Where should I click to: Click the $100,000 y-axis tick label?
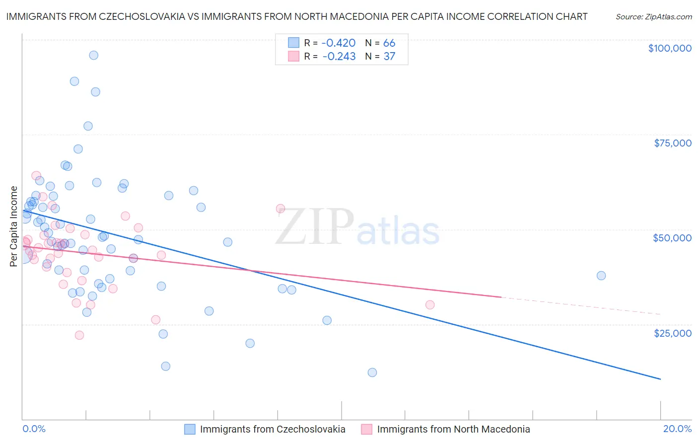point(670,48)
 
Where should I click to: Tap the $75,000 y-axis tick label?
point(673,143)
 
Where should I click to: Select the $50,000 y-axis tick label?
point(672,238)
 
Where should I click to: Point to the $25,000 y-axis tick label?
point(673,333)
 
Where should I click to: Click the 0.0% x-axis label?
point(34,429)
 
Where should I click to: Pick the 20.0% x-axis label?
point(677,429)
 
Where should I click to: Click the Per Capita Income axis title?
point(14,226)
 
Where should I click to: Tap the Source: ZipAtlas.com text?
point(654,17)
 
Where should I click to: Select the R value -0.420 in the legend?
point(339,43)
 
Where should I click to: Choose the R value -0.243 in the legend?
point(339,57)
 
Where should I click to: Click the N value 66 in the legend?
point(389,43)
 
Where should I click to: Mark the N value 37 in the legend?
point(389,57)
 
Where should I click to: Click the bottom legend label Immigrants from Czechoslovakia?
point(273,429)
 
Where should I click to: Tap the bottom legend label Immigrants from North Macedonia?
point(453,429)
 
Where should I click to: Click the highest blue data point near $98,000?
point(93,55)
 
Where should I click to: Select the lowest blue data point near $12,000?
point(372,372)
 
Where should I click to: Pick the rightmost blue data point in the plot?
point(601,276)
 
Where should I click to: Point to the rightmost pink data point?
point(430,305)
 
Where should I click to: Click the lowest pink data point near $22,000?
point(79,335)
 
